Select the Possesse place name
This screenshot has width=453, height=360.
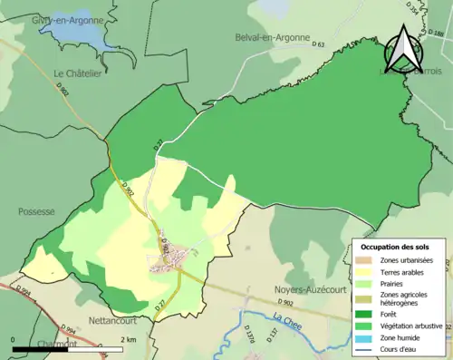(x=35, y=211)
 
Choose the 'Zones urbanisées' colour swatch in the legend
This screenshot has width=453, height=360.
(x=368, y=261)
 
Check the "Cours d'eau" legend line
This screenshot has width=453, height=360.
(x=368, y=348)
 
